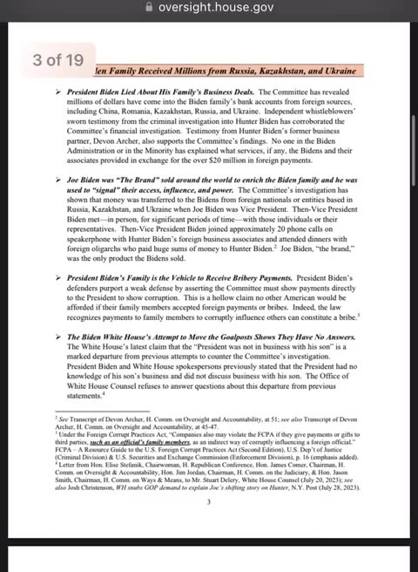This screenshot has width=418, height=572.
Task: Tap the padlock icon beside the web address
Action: (151, 8)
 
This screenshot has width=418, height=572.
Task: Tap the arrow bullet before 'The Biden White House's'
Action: (59, 337)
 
